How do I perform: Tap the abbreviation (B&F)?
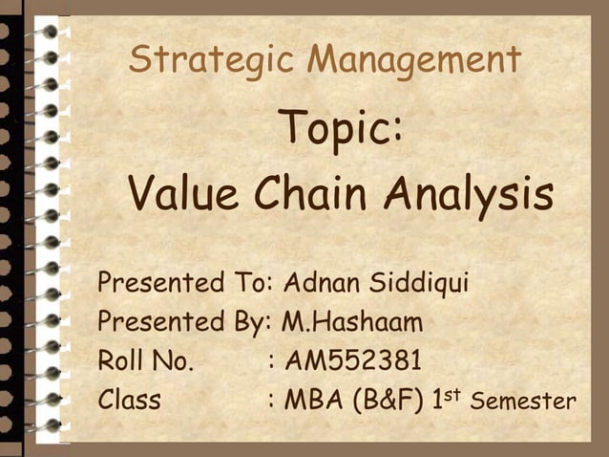pos(391,399)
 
